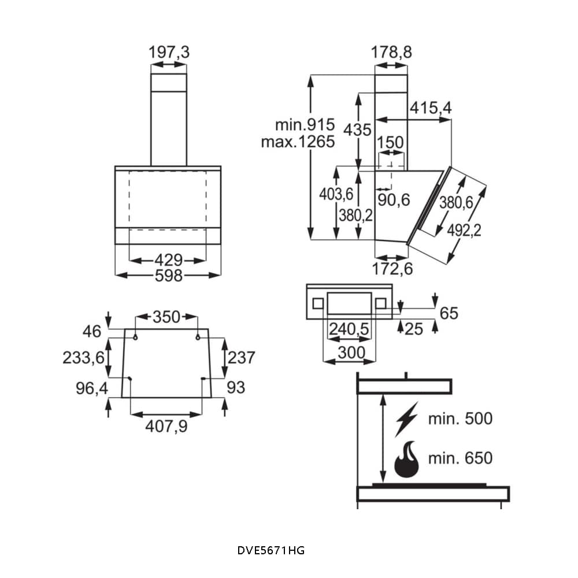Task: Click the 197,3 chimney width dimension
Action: pyautogui.click(x=169, y=52)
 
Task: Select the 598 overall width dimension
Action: pyautogui.click(x=168, y=276)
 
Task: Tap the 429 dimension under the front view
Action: pyautogui.click(x=168, y=261)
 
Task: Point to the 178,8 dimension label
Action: pyautogui.click(x=391, y=52)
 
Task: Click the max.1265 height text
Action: pyautogui.click(x=298, y=142)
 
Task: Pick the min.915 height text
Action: pyautogui.click(x=305, y=125)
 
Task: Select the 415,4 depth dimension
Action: pyautogui.click(x=431, y=108)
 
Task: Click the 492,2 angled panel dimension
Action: pyautogui.click(x=464, y=231)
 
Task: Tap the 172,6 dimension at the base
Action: pyautogui.click(x=392, y=269)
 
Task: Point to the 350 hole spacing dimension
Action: pyautogui.click(x=166, y=317)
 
